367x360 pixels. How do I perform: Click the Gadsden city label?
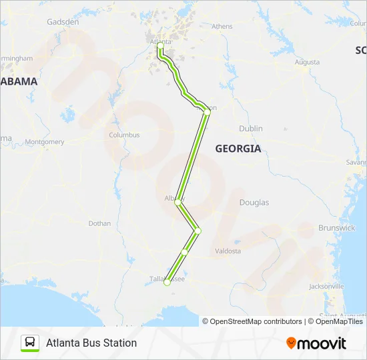pyautogui.click(x=63, y=22)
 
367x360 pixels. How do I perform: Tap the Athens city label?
pyautogui.click(x=222, y=27)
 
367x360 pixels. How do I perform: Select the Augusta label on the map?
pyautogui.click(x=306, y=63)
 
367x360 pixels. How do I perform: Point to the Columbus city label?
pyautogui.click(x=124, y=135)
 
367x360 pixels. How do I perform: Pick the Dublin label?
pyautogui.click(x=251, y=129)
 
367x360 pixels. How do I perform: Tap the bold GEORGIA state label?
pyautogui.click(x=238, y=149)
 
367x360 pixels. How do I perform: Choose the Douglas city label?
pyautogui.click(x=254, y=203)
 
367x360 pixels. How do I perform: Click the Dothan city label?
pyautogui.click(x=99, y=223)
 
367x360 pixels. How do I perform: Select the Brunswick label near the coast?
pyautogui.click(x=336, y=228)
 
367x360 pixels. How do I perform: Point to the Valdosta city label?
pyautogui.click(x=228, y=251)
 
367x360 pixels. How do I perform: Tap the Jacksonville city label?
pyautogui.click(x=326, y=287)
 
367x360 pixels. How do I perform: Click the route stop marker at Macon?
pyautogui.click(x=207, y=113)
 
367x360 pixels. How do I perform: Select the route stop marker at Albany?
pyautogui.click(x=177, y=203)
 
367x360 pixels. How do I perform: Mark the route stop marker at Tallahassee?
pyautogui.click(x=167, y=283)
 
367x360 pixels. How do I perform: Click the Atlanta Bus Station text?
pyautogui.click(x=91, y=343)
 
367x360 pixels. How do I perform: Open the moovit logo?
pyautogui.click(x=316, y=343)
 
